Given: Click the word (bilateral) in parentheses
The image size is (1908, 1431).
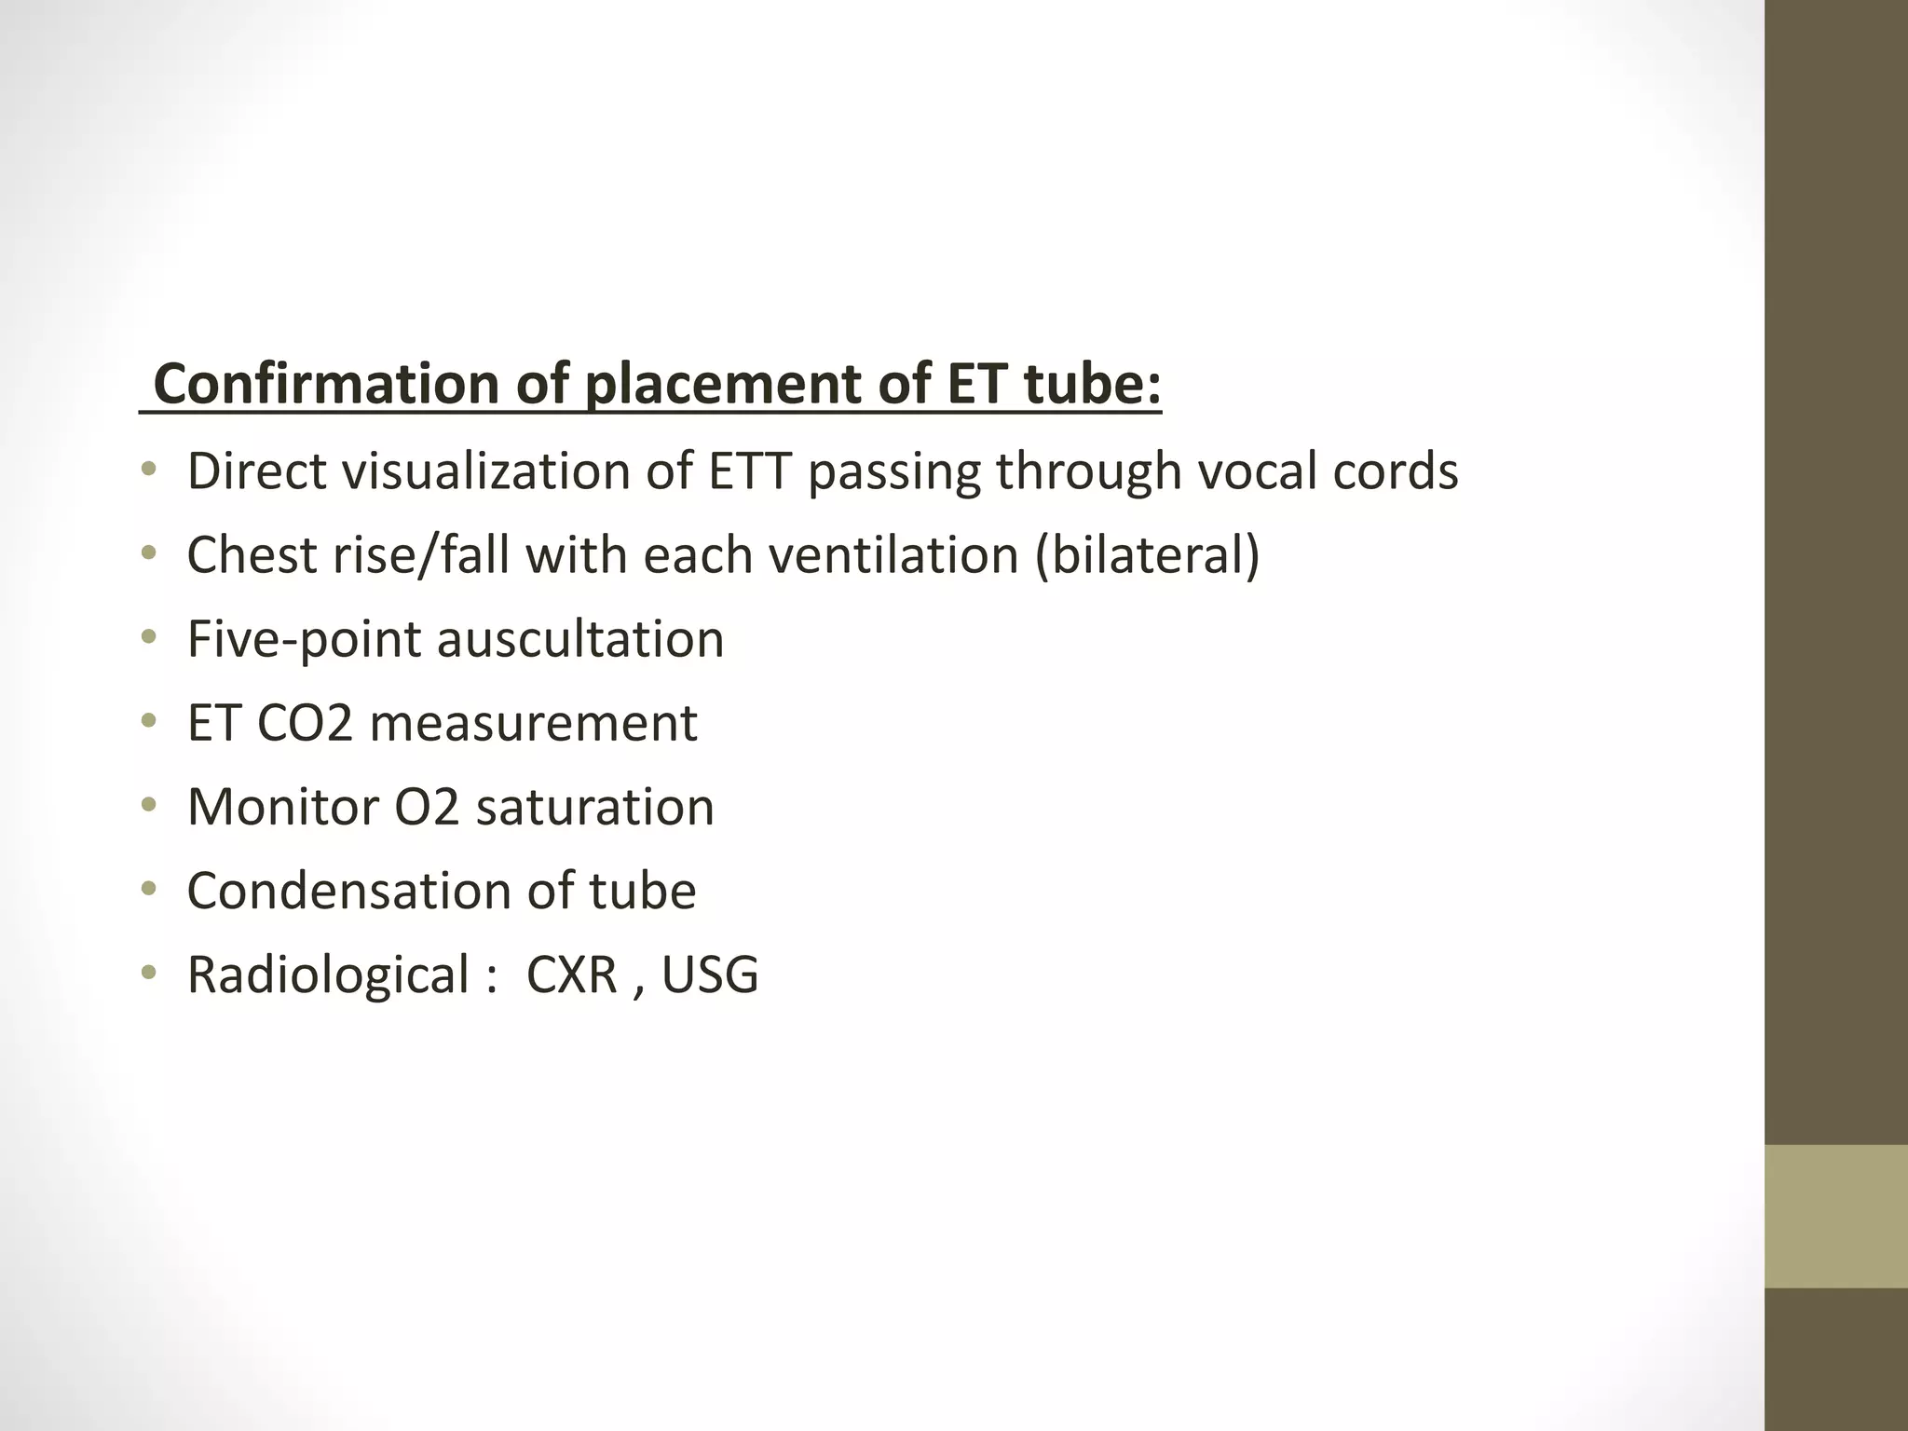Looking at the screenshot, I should (1147, 555).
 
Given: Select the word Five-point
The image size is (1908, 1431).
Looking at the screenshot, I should (304, 639).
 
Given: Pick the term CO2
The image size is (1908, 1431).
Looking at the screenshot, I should (305, 723).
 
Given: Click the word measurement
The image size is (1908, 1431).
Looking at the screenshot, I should (534, 723).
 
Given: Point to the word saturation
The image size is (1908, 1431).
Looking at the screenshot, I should (594, 807).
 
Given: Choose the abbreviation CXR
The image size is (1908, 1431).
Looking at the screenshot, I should (572, 975).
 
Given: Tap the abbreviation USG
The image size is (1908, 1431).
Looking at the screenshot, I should (710, 975).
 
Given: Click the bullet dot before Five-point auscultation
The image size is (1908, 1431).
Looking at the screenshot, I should (148, 638).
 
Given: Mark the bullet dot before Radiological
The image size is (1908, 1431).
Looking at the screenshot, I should (148, 974).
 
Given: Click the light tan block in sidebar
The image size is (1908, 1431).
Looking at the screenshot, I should (1836, 1216).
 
